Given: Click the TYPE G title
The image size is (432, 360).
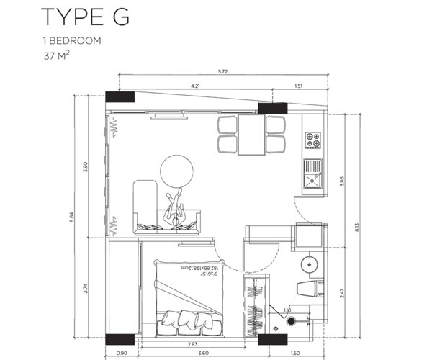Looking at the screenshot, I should [86, 17].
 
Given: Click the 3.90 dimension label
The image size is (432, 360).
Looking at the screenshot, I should [85, 166].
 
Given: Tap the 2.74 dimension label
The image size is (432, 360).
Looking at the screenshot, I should [85, 287].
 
